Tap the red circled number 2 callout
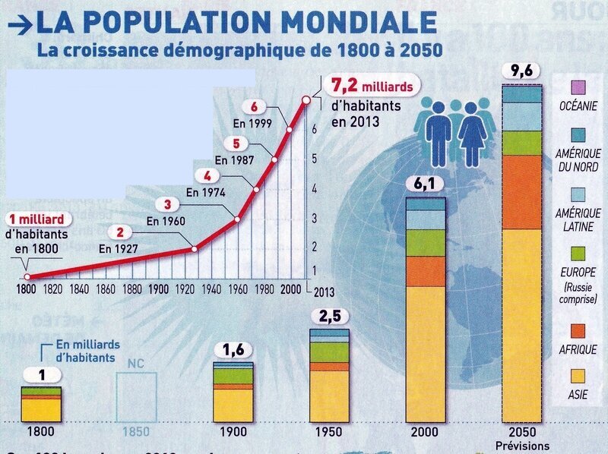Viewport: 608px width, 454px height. coord(119,232)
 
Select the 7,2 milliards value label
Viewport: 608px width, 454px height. coord(370,86)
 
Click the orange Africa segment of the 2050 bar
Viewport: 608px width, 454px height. coord(522,191)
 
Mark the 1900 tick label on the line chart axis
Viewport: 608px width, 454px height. coord(159,289)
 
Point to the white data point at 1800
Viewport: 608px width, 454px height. coord(27,277)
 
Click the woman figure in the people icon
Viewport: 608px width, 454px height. coord(473,135)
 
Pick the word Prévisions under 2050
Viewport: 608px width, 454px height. coord(522,446)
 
